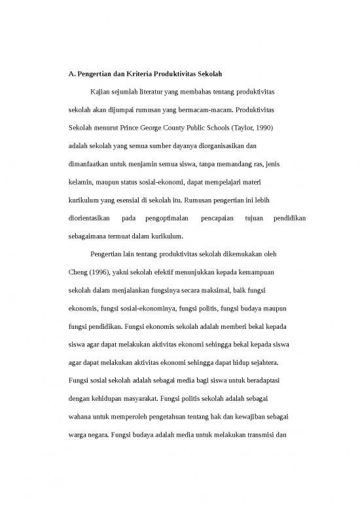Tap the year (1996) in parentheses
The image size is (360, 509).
[x=105, y=269]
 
